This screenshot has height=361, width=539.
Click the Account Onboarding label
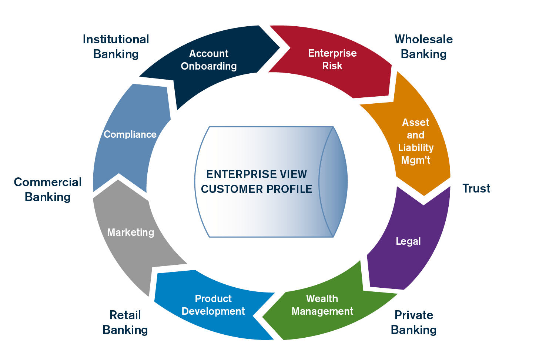pyautogui.click(x=209, y=60)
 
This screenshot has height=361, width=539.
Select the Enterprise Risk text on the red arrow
pyautogui.click(x=332, y=59)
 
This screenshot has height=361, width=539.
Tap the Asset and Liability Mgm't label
pyautogui.click(x=415, y=141)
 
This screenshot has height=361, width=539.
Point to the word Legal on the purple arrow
pyautogui.click(x=408, y=241)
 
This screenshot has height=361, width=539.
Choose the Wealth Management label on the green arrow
pyautogui.click(x=322, y=305)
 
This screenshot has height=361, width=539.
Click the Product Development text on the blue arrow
pyautogui.click(x=213, y=305)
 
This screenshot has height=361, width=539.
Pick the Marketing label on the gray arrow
pyautogui.click(x=130, y=232)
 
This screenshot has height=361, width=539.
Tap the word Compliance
pyautogui.click(x=130, y=134)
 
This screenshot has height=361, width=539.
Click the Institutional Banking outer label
pyautogui.click(x=116, y=47)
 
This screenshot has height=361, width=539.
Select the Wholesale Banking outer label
pyautogui.click(x=423, y=47)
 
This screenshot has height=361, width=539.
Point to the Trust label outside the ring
pyautogui.click(x=476, y=188)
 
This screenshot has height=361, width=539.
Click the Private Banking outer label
pyautogui.click(x=414, y=322)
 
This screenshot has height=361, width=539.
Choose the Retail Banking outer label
pyautogui.click(x=125, y=322)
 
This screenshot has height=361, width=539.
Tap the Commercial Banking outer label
pyautogui.click(x=48, y=189)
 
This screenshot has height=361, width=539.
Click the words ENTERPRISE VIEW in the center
pyautogui.click(x=257, y=174)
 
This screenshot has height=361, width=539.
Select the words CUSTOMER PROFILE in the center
pyautogui.click(x=257, y=189)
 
